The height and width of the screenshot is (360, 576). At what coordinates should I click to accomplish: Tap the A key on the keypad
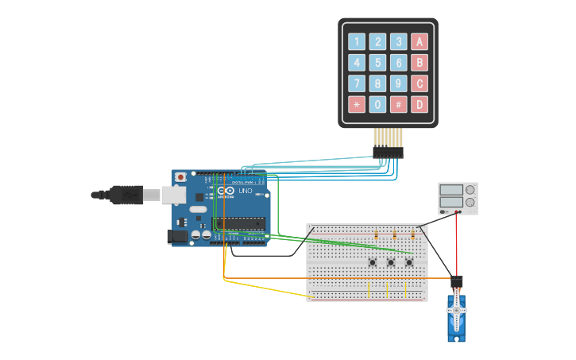coord(419,42)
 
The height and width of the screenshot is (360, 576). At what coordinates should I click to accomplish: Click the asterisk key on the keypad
coord(357,104)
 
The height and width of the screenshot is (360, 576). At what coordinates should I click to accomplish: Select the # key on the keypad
coord(398,104)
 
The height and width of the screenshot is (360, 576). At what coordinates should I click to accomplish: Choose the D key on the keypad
coord(419,104)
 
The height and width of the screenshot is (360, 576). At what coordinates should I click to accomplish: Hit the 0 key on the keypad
coord(377,104)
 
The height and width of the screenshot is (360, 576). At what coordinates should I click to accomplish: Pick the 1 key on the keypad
coord(357,42)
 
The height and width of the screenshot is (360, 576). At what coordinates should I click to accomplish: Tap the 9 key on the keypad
coord(398,83)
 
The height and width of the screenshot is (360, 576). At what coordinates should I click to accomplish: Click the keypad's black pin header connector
coord(388,152)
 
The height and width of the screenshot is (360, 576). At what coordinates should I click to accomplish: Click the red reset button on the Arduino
coord(180,176)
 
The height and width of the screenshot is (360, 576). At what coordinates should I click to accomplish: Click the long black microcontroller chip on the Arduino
coord(238,223)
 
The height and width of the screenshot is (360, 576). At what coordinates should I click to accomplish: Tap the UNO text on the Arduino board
coord(245,192)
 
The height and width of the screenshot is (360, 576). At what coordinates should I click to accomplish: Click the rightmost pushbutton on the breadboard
coord(409,262)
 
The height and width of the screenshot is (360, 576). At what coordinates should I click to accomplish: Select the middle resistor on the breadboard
coord(395,235)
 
